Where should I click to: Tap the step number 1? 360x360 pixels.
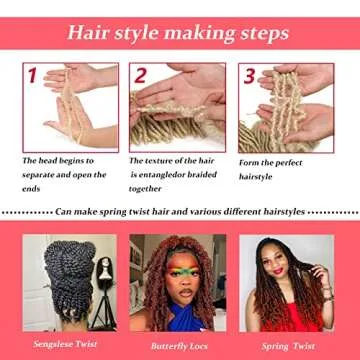click(32, 76)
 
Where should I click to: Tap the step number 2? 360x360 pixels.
click(140, 76)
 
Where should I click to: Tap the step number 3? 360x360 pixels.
click(250, 76)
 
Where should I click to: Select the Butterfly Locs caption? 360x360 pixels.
click(178, 341)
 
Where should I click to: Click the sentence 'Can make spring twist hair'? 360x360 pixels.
click(180, 213)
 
